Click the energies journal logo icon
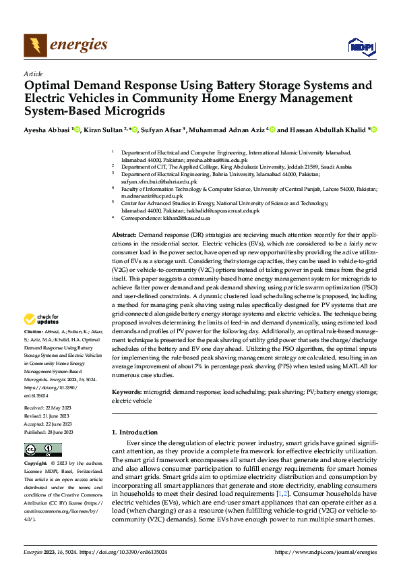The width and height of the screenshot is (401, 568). (36, 45)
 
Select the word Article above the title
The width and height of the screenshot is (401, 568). (33, 74)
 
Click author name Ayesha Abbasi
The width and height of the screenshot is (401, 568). (47, 130)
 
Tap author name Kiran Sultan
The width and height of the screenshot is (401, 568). (102, 130)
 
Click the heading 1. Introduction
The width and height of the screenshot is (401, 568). (139, 432)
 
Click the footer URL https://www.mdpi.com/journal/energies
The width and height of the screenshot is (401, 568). (326, 551)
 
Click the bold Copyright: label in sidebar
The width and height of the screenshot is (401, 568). (36, 464)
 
